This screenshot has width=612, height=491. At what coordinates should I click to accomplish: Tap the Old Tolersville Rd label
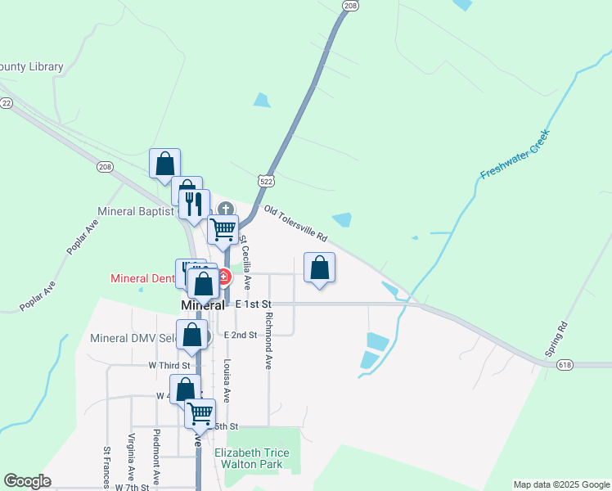(296, 223)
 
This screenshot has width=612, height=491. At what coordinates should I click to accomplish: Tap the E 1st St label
(252, 304)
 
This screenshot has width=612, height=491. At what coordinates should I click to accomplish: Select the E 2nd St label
(240, 336)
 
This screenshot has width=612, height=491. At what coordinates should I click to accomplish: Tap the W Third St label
(169, 365)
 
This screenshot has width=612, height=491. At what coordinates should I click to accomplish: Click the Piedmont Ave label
(155, 455)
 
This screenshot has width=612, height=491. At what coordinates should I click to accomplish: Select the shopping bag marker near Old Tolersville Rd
(319, 268)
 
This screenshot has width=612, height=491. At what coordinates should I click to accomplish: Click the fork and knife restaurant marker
(194, 204)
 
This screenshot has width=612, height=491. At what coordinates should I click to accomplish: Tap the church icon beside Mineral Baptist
(226, 209)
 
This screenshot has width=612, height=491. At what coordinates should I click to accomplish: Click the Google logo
(27, 482)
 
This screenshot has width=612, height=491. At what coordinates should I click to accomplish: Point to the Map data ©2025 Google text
(560, 484)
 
